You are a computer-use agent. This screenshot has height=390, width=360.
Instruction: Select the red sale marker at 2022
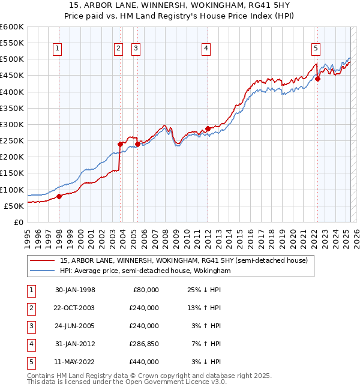click(x=318, y=79)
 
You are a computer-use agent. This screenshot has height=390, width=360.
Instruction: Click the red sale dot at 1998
click(x=59, y=196)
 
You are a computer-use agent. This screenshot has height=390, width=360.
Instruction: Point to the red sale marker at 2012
click(x=208, y=128)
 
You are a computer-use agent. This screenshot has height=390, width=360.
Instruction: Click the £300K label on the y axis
click(x=11, y=124)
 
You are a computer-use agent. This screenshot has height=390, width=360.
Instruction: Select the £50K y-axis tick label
click(x=14, y=206)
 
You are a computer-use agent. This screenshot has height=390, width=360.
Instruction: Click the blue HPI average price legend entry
click(x=145, y=271)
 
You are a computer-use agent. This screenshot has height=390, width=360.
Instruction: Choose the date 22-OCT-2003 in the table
click(x=75, y=308)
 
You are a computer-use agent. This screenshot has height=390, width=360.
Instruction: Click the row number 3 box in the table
click(x=29, y=326)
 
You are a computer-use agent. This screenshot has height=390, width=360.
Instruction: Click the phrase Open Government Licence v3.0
click(x=175, y=382)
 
